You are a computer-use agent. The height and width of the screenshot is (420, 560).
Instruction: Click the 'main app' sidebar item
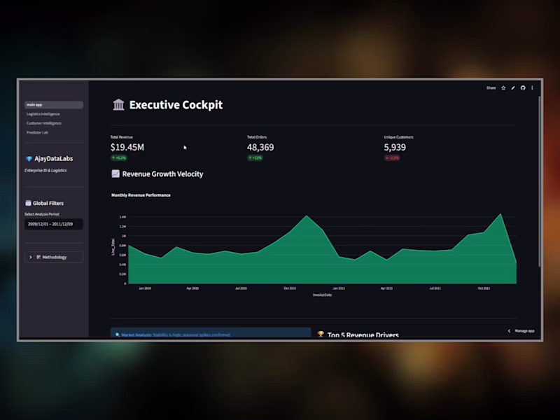pos(53,105)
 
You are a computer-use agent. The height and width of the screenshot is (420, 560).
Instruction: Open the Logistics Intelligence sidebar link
pos(43,114)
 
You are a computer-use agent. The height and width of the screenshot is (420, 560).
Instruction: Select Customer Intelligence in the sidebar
pos(43,123)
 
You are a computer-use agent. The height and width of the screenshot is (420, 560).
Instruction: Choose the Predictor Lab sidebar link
pos(38,132)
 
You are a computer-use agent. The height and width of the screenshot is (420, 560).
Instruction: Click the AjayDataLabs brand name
pos(53,159)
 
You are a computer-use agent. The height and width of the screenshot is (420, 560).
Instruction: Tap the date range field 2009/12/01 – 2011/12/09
pos(53,224)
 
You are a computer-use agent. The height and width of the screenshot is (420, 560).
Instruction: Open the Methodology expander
pos(53,257)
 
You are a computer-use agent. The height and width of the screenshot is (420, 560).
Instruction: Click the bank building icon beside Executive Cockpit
pos(118,105)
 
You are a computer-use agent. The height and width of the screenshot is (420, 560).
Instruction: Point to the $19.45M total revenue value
pos(127,148)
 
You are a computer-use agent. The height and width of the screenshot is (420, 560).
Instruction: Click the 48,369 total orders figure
pos(260,148)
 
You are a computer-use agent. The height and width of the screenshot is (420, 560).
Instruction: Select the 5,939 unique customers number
pos(395,148)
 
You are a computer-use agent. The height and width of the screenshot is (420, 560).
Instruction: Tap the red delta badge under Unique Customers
pos(392,158)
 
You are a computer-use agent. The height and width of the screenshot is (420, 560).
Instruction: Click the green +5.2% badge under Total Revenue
pos(118,158)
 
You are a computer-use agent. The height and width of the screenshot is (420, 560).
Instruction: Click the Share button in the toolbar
pos(491,88)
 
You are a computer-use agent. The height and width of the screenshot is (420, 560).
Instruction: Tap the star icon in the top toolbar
pos(503,88)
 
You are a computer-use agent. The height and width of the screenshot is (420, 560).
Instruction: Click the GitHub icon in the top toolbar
pos(522,88)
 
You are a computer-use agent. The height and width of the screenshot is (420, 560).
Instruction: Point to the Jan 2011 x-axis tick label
pos(338,288)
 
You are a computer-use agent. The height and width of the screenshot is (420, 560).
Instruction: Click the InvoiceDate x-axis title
pos(323,295)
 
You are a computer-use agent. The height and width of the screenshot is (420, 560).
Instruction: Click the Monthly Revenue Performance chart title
pos(141,195)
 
